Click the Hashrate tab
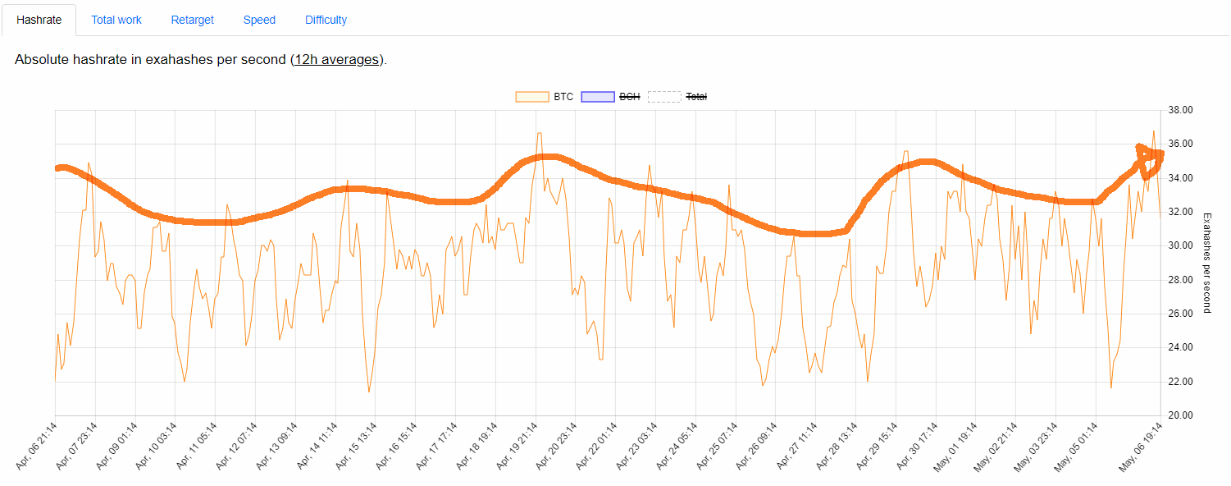[x=39, y=20]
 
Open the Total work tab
[x=116, y=20]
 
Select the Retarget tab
[x=193, y=20]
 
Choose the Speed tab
[x=259, y=20]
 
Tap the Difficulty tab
[x=326, y=20]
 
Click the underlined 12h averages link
[x=337, y=60]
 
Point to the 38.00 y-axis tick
[x=1180, y=110]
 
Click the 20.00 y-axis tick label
[x=1180, y=415]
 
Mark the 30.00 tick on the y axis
[x=1180, y=245]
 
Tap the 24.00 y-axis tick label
[x=1180, y=347]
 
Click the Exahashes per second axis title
[x=1206, y=263]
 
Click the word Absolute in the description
[x=40, y=60]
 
